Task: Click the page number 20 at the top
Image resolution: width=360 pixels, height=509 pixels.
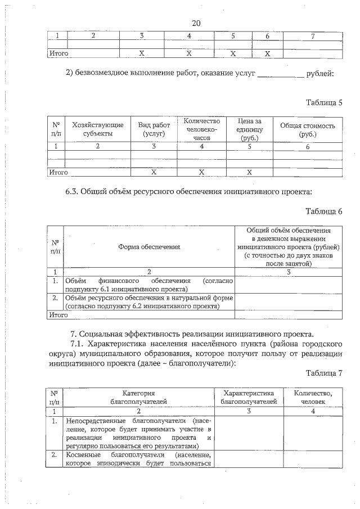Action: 196,23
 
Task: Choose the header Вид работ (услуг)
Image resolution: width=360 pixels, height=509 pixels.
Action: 154,129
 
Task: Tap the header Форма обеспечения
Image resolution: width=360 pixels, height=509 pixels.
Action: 149,246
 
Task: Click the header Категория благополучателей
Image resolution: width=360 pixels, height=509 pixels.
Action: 138,397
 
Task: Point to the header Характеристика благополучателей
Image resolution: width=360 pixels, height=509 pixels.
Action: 249,397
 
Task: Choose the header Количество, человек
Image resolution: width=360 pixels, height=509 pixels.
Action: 313,397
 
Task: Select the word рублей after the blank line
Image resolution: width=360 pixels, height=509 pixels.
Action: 321,73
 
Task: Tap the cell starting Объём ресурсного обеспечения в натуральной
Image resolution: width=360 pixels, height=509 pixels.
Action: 149,301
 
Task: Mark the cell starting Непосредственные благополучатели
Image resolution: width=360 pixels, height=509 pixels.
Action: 138,433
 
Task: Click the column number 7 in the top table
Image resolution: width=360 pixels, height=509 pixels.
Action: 312,36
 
